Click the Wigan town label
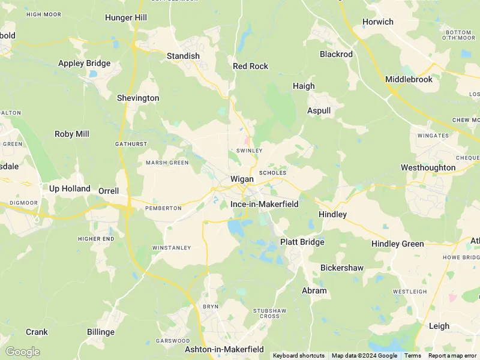point(242,179)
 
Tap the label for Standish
point(183,56)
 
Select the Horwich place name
point(378,22)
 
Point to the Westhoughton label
point(428,167)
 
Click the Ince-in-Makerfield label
point(265,204)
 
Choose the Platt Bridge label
point(302,242)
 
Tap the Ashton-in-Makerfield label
point(224,349)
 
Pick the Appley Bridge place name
point(84,63)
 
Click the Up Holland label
point(70,188)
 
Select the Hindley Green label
point(398,244)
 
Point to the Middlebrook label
point(409,79)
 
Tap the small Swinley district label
point(250,150)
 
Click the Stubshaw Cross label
point(266,313)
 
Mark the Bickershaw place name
point(342,268)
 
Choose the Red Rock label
point(250,66)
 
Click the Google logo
point(22,352)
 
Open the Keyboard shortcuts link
point(299,356)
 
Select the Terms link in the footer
point(412,356)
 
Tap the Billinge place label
point(101,332)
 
